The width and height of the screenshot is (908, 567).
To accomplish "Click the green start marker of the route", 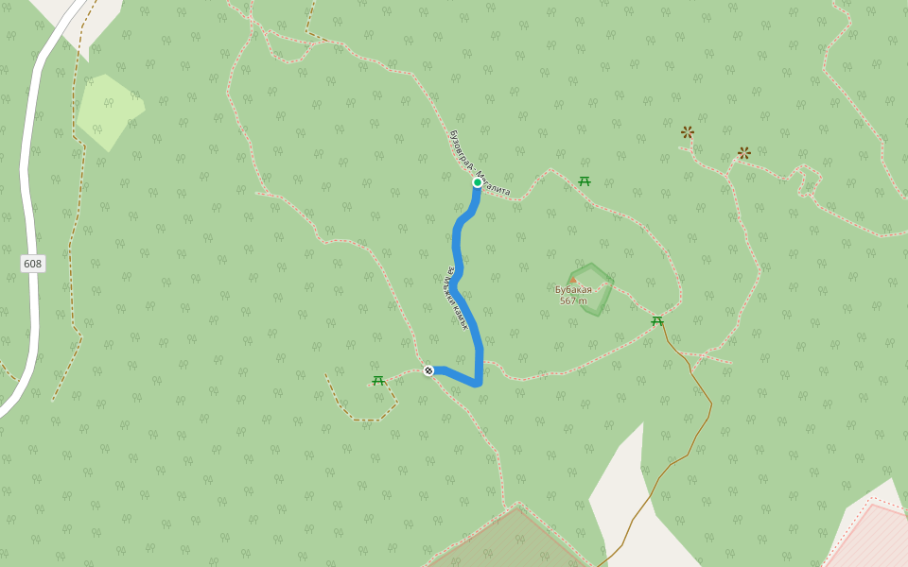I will pos(478,182).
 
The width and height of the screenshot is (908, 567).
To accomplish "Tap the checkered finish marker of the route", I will pos(428,370).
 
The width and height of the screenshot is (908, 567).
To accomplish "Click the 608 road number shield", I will pos(33,264).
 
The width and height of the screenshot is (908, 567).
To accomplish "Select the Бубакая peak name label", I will pos(573,290).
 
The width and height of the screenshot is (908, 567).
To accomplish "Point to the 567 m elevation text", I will pos(573,301).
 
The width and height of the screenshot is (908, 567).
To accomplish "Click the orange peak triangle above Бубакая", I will pos(573,281).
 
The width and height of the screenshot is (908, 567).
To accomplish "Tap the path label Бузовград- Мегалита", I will pos(479,163).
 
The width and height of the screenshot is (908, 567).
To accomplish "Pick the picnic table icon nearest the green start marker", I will pos(585,180).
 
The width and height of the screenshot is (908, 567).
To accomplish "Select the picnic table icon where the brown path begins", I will pos(657,321).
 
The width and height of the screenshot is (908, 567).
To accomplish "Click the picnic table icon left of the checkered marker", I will pos(378,380).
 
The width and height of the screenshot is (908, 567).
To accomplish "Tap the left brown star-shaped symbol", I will pos(688,132).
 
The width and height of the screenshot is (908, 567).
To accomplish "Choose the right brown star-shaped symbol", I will pos(744,152).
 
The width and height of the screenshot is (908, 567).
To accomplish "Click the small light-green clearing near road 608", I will pos(108,112).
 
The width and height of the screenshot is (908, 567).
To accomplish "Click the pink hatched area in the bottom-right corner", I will pos(875,539).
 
